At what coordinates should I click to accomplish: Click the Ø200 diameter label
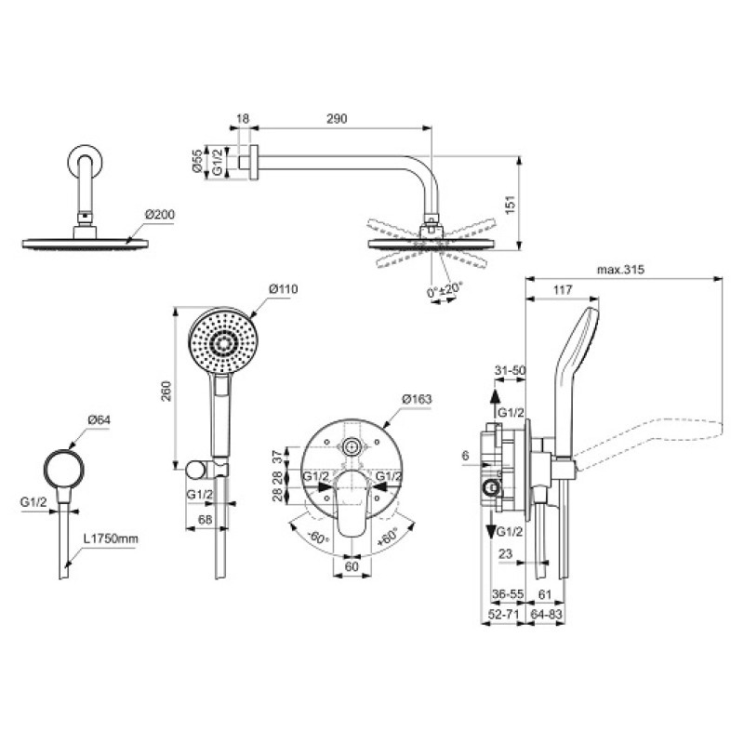pyautogui.click(x=160, y=215)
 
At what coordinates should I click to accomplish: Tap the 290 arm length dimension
pyautogui.click(x=337, y=118)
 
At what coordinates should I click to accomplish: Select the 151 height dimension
pyautogui.click(x=510, y=205)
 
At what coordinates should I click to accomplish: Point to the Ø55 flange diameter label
pyautogui.click(x=198, y=161)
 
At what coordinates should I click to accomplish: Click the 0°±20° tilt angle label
pyautogui.click(x=445, y=290)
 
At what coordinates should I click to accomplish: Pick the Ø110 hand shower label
pyautogui.click(x=284, y=288)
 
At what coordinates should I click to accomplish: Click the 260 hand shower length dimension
pyautogui.click(x=166, y=391)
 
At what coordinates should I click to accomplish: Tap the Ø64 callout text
pyautogui.click(x=100, y=420)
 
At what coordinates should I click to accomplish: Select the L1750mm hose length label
pyautogui.click(x=111, y=538)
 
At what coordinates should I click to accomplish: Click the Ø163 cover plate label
pyautogui.click(x=417, y=399)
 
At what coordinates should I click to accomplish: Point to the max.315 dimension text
pyautogui.click(x=620, y=270)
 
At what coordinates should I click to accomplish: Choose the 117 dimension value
pyautogui.click(x=563, y=289)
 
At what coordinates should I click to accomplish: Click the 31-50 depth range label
pyautogui.click(x=511, y=370)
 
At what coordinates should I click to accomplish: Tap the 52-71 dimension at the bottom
pyautogui.click(x=504, y=615)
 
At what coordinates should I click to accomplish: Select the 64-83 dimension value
pyautogui.click(x=546, y=615)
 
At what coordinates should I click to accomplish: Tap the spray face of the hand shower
pyautogui.click(x=223, y=342)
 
